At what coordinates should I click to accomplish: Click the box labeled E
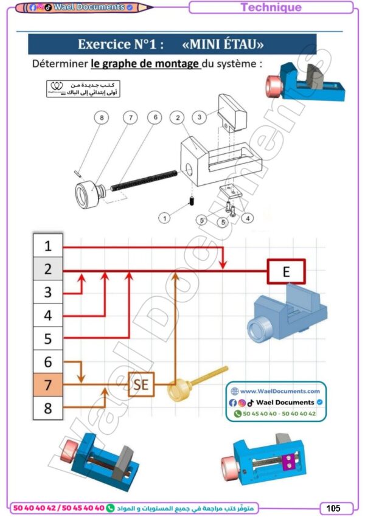tap(286, 271)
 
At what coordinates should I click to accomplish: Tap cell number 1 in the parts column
tap(48, 246)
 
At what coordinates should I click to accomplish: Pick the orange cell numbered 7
tap(48, 384)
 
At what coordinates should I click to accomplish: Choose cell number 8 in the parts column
tap(48, 408)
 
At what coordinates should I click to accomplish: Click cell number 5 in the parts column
tap(48, 338)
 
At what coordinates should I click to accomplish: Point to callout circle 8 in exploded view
tap(102, 117)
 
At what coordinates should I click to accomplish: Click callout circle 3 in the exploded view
tap(198, 117)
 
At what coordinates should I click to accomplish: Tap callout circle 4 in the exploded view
tap(248, 217)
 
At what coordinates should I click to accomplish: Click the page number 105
tap(333, 507)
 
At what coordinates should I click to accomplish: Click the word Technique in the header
tap(271, 7)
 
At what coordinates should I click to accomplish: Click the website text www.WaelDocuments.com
tap(279, 391)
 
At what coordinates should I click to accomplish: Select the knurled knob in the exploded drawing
tap(88, 196)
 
